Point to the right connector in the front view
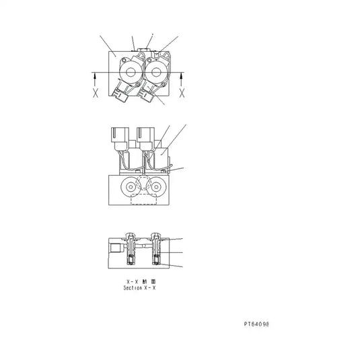pos(145,138)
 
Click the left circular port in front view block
pos(128,186)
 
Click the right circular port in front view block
pos(155,186)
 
